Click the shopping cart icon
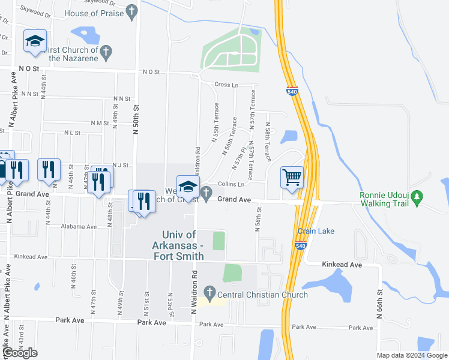coord(292,177)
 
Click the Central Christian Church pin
coord(209,293)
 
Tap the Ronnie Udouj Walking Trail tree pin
coord(419,196)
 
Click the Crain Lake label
coord(316,232)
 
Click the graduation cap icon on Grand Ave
coord(188,185)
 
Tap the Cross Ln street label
coord(223,85)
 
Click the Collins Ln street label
coord(231,184)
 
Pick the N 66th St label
coord(379,304)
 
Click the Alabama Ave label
coord(79,227)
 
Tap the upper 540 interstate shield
coord(292,91)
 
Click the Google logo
coord(20,353)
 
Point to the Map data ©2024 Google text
coord(411,355)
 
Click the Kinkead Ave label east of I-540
coord(342,265)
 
